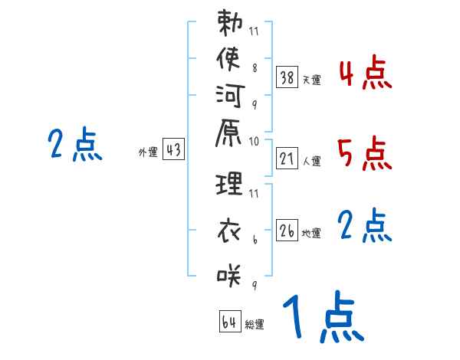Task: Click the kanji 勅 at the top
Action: click(x=229, y=25)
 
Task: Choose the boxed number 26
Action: click(x=287, y=231)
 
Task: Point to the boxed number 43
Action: click(x=173, y=150)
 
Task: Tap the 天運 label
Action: click(x=311, y=79)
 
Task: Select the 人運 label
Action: click(x=311, y=162)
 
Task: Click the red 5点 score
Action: click(x=364, y=153)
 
